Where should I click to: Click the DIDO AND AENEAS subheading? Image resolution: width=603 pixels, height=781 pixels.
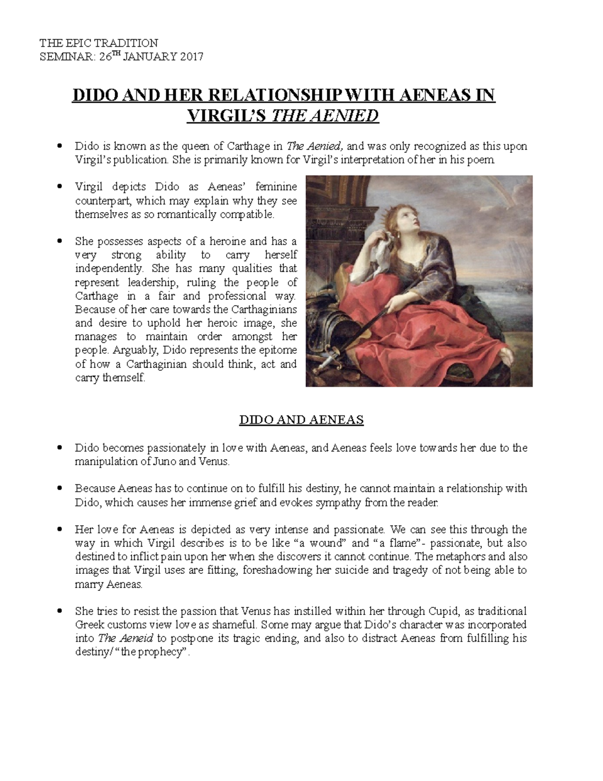point(301,420)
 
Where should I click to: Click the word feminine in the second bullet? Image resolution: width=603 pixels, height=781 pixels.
point(276,187)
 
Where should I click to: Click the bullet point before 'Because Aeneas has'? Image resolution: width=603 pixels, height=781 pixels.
point(60,488)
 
